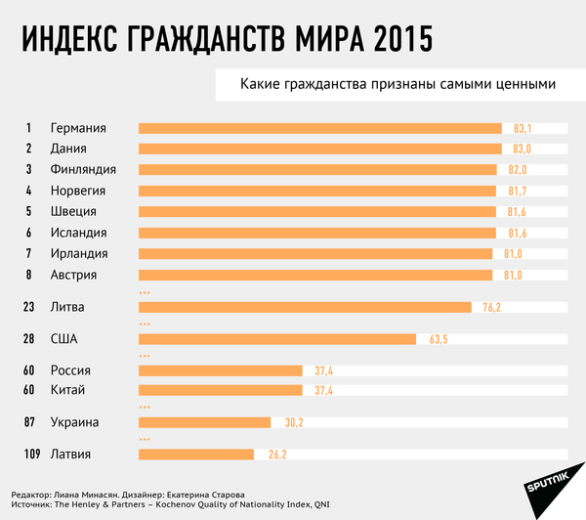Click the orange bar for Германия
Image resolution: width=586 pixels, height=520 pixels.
pos(320,128)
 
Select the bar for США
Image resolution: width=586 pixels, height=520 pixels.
pos(279,339)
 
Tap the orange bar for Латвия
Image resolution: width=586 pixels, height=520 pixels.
pos(196,455)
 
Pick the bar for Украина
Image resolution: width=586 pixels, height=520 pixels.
pos(205,422)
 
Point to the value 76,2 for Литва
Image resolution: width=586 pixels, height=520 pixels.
pos(491,307)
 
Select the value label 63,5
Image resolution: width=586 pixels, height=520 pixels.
pos(438,339)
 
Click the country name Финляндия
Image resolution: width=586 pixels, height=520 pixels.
pos(84,170)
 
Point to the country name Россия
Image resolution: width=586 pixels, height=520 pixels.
pos(70,370)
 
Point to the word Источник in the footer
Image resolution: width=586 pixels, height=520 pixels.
pos(35,504)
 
